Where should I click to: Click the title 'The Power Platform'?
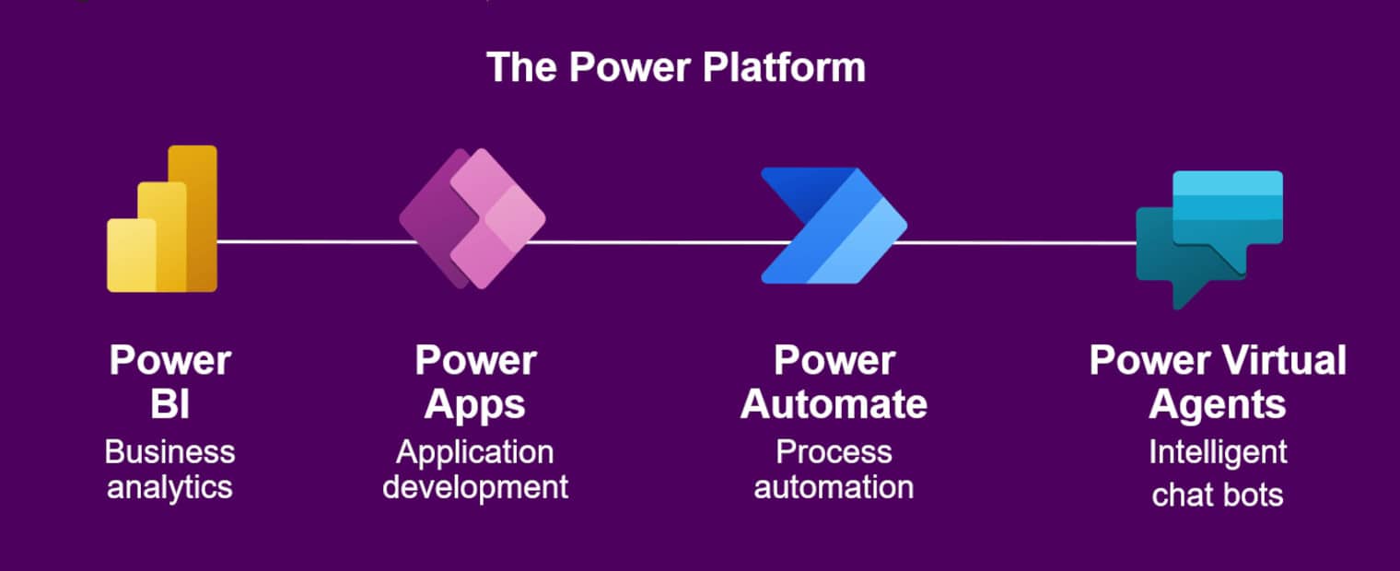675,68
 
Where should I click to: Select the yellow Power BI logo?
162,221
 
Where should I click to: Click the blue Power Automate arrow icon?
833,225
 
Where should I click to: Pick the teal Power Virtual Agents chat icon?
1208,236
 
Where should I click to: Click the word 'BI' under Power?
169,404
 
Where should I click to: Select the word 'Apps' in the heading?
475,404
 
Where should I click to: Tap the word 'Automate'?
834,404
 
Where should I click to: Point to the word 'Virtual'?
1285,360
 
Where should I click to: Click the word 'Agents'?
1218,404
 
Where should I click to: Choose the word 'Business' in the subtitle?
169,452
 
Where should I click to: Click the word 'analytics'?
169,486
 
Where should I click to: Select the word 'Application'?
475,452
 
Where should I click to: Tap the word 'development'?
475,486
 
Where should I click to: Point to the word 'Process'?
834,452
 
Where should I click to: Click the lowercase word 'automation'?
834,486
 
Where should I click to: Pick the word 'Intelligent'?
1218,452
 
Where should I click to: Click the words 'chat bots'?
1218,495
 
